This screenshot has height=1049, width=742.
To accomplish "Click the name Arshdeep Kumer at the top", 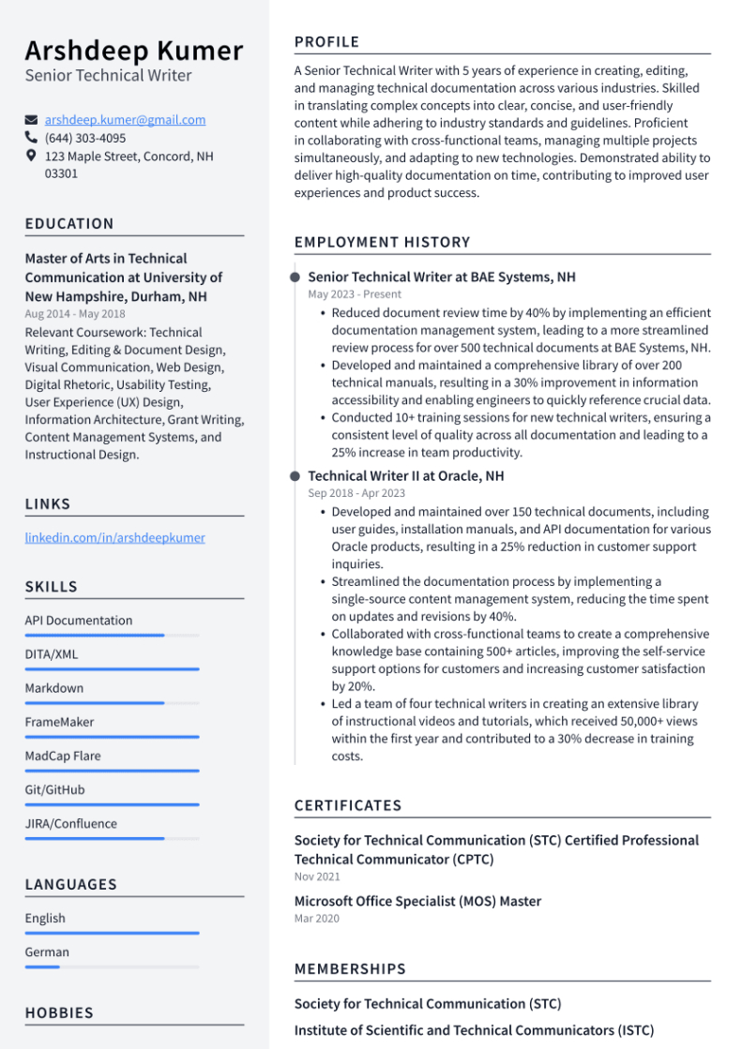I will (x=134, y=50).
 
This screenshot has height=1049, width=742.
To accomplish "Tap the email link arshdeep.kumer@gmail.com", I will (x=125, y=120).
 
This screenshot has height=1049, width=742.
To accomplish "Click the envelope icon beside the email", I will (x=32, y=120).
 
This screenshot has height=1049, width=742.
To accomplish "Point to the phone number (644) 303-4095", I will (x=84, y=138).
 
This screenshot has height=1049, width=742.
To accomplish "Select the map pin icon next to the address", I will (x=32, y=156).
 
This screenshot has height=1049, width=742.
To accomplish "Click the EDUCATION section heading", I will (x=69, y=224).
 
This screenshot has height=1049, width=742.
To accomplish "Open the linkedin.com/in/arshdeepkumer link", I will (x=114, y=538).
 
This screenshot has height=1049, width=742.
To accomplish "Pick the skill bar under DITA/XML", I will (x=112, y=669).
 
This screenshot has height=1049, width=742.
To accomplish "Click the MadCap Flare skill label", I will (x=63, y=756).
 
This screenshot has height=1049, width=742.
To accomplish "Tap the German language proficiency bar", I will (x=112, y=967).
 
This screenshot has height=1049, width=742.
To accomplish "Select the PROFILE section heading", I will (x=326, y=42).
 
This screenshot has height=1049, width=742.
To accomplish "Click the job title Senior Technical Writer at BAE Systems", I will (x=442, y=277).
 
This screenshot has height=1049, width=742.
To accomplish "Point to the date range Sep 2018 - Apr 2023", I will (x=356, y=493).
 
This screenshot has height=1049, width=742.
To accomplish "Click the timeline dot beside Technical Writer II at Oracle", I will (x=295, y=476).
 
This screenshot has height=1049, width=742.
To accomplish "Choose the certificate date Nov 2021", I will (x=317, y=877).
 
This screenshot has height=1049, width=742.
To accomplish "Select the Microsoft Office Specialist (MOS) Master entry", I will (x=417, y=901).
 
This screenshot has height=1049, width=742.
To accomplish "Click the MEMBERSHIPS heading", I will (x=350, y=968).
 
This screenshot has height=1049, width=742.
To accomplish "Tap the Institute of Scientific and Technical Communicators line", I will (x=474, y=1030).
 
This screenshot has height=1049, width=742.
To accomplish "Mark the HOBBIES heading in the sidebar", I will (x=59, y=1013).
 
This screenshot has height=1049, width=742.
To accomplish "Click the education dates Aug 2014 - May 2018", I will (x=75, y=314).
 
